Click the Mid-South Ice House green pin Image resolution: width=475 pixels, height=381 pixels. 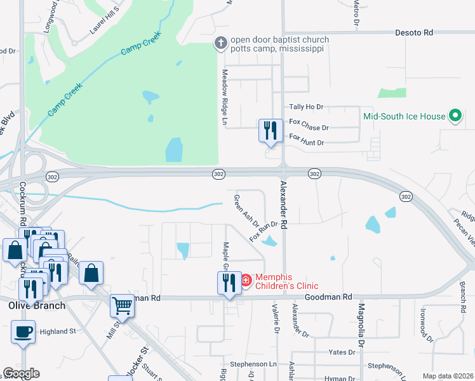pyautogui.click(x=455, y=116)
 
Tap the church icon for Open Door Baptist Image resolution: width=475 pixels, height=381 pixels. pyautogui.click(x=220, y=44)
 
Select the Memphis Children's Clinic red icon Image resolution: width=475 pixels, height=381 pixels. pyautogui.click(x=246, y=279)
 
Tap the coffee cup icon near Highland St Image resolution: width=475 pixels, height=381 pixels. pyautogui.click(x=23, y=331)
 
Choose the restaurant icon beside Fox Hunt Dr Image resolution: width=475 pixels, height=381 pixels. pyautogui.click(x=271, y=131)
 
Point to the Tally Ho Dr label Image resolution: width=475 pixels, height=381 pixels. pyautogui.click(x=306, y=107)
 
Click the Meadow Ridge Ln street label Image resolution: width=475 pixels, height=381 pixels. pyautogui.click(x=224, y=96)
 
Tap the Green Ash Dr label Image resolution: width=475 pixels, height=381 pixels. pyautogui.click(x=246, y=210)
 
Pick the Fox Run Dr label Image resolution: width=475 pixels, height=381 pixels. pyautogui.click(x=264, y=231)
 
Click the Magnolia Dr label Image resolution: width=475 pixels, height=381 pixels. pyautogui.click(x=361, y=324)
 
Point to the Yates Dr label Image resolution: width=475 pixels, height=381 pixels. pyautogui.click(x=342, y=351)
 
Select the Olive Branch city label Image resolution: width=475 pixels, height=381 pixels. pyautogui.click(x=36, y=305)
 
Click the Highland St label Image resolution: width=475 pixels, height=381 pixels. pyautogui.click(x=58, y=331)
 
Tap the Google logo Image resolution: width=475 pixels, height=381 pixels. pyautogui.click(x=21, y=373)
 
